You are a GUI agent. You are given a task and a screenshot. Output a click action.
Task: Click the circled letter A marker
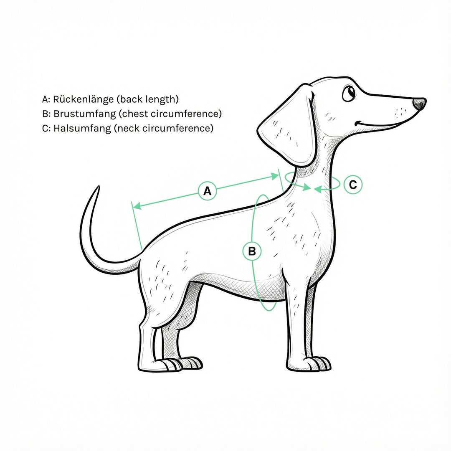point(208,190)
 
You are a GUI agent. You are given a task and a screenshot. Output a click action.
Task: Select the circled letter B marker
point(252,251)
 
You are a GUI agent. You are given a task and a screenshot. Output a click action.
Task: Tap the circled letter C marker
point(353,184)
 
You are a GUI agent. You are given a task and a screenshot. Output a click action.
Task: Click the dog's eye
point(349,93)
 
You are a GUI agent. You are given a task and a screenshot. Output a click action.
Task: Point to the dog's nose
point(419,104)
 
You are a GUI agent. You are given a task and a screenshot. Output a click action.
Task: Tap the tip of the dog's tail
point(99,187)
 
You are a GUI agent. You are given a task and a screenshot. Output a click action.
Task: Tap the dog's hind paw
point(172,364)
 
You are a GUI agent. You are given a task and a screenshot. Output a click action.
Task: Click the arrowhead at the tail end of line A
point(137,205)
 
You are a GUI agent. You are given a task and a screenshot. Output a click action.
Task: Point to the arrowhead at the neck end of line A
point(275,176)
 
